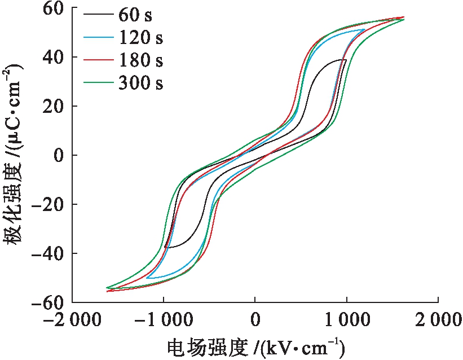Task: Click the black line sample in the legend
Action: [98, 14]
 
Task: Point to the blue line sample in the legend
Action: [98, 37]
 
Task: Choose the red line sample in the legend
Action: [98, 60]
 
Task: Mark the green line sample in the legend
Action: [98, 83]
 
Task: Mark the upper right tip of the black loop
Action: [346, 59]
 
